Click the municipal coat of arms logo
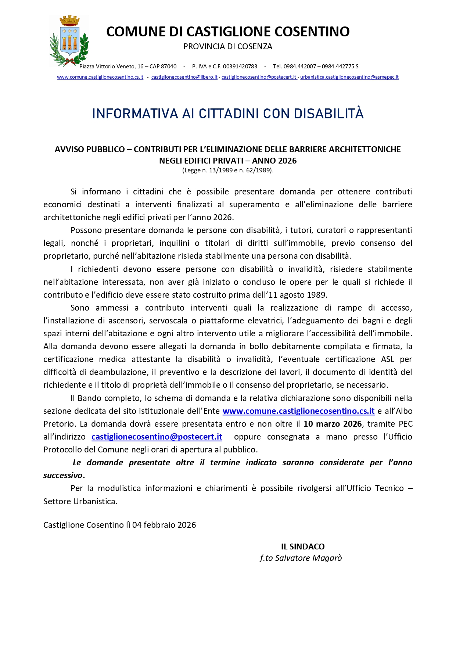click(69, 41)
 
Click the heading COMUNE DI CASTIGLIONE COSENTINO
click(228, 32)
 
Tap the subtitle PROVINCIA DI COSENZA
click(228, 47)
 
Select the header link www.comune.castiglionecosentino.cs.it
click(100, 77)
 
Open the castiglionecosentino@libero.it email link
click(184, 77)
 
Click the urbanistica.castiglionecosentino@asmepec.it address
click(349, 77)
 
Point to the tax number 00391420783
click(240, 67)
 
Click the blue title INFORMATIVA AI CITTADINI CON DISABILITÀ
click(228, 114)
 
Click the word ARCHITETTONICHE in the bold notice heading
click(365, 149)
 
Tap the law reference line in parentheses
click(228, 170)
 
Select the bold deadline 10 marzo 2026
click(333, 424)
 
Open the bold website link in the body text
click(298, 411)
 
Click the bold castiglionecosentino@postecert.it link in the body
click(157, 437)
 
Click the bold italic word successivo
click(63, 475)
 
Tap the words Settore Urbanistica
click(80, 501)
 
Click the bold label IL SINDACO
click(303, 547)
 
